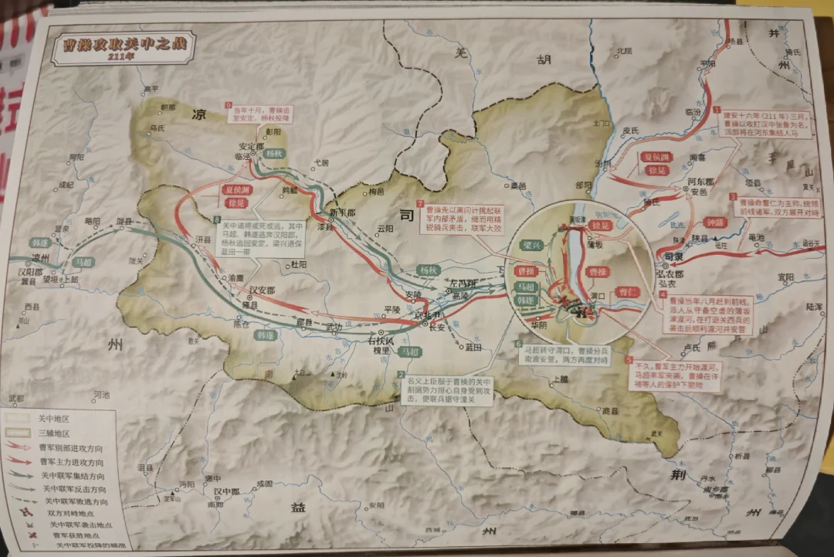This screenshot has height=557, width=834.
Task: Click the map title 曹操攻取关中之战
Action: pyautogui.click(x=119, y=43)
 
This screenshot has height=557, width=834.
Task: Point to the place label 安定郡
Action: pyautogui.click(x=257, y=145)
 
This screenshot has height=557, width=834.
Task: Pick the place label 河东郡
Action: pyautogui.click(x=698, y=182)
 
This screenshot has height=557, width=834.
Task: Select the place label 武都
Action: pyautogui.click(x=15, y=399)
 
